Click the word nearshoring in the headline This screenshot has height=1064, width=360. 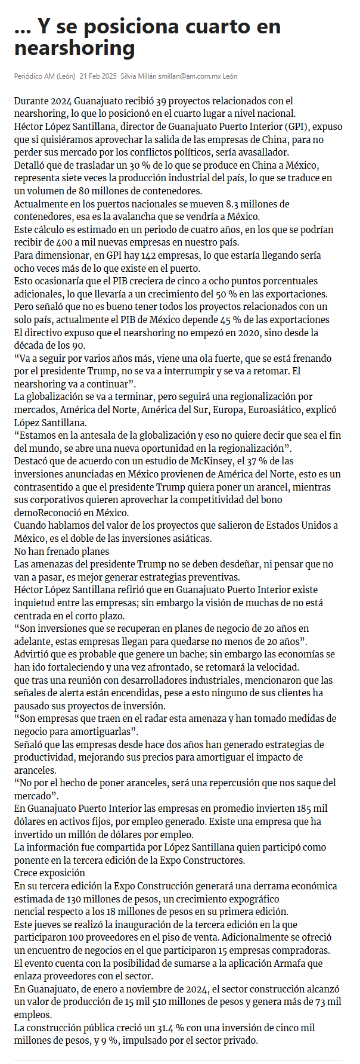[x=75, y=47]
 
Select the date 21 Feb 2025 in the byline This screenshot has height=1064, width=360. [x=98, y=76]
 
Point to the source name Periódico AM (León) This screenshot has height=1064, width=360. [x=45, y=76]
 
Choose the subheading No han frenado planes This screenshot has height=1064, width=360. [x=62, y=551]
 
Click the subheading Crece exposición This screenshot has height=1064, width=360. [x=49, y=873]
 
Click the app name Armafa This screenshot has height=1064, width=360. [x=290, y=963]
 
